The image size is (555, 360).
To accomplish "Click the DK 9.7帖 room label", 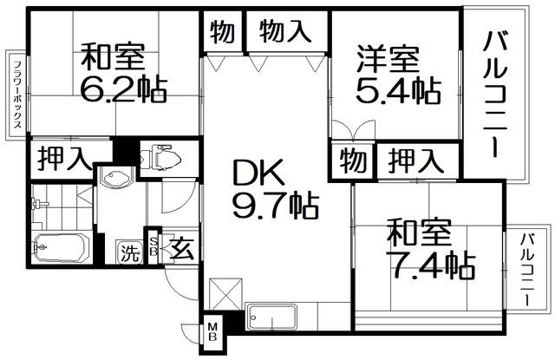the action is point(275,189).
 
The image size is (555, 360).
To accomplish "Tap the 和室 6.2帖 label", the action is point(123,73).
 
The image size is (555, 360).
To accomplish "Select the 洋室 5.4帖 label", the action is point(398,75).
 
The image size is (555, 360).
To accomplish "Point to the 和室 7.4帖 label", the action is point(430,249).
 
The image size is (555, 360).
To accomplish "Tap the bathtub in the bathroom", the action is point(60,248).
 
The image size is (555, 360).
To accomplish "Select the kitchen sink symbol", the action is point(272,317).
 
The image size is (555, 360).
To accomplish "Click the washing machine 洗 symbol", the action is point(129,252).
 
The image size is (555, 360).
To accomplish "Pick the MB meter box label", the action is point(212,331).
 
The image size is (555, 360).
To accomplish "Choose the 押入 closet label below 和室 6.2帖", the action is point(63,159).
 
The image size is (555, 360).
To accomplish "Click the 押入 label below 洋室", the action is point(415,161).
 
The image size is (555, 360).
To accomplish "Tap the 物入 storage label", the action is point(284,31).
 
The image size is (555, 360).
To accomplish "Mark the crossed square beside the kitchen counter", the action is point(225,295).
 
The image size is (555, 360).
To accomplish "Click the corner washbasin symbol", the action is point(116,176).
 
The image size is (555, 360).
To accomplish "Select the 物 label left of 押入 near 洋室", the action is point(353,160).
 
